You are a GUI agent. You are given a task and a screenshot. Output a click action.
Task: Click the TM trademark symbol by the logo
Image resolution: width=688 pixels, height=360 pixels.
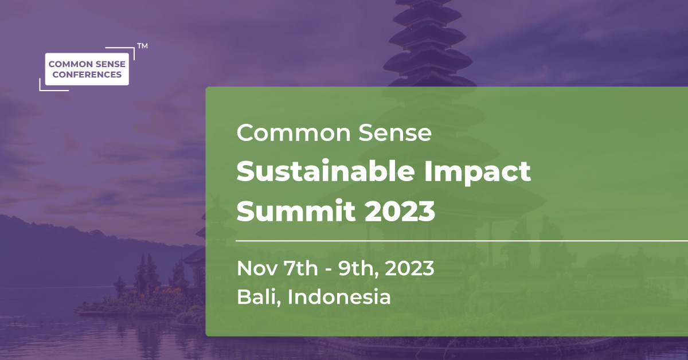coord(142,46)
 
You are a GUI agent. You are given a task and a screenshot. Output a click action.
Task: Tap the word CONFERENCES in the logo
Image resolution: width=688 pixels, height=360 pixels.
coord(87,75)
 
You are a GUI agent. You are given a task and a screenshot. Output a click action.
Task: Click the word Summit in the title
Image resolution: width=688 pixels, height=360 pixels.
coord(296,211)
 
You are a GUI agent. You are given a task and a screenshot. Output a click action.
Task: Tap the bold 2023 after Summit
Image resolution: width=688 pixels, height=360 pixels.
coord(400,212)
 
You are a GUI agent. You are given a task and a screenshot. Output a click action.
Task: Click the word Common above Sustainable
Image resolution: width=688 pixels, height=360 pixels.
coord(294,132)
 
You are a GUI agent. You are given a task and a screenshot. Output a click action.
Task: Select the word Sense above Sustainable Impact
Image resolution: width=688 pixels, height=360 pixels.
coord(395,132)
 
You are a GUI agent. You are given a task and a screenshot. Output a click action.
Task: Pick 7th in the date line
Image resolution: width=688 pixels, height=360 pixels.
coord(300,268)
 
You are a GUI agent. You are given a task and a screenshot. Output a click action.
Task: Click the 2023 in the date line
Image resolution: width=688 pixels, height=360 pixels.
coord(409,268)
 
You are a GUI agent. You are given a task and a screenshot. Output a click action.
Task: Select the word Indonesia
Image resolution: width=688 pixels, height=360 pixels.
coord(339,297)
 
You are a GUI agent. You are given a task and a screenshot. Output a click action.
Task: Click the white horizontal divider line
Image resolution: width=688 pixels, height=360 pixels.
coord(462,241)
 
